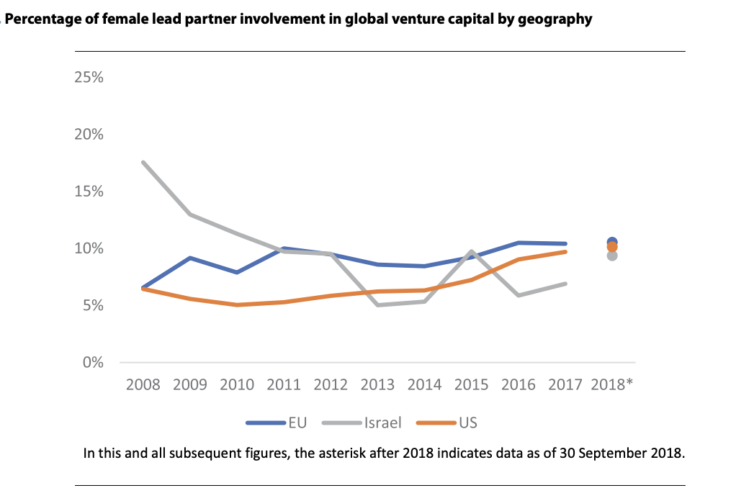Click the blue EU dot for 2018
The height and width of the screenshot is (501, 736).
612,242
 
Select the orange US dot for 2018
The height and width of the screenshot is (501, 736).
612,248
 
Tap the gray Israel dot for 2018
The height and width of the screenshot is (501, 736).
612,256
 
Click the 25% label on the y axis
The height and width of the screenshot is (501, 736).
89,78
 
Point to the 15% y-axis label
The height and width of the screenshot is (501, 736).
89,191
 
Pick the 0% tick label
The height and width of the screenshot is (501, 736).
93,362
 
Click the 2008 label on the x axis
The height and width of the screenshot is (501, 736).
143,384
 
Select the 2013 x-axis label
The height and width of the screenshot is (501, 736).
377,384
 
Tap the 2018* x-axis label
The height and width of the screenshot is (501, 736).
613,384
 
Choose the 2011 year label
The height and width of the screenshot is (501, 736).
284,384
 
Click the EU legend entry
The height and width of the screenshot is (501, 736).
297,423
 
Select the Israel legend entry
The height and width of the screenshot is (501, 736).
384,423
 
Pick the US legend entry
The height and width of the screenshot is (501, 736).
468,423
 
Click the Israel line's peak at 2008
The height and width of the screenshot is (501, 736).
143,163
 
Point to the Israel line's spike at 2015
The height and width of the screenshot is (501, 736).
471,252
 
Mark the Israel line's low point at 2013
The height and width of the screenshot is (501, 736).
377,305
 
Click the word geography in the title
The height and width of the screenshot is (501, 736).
557,19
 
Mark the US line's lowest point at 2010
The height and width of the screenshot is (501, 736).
237,305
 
